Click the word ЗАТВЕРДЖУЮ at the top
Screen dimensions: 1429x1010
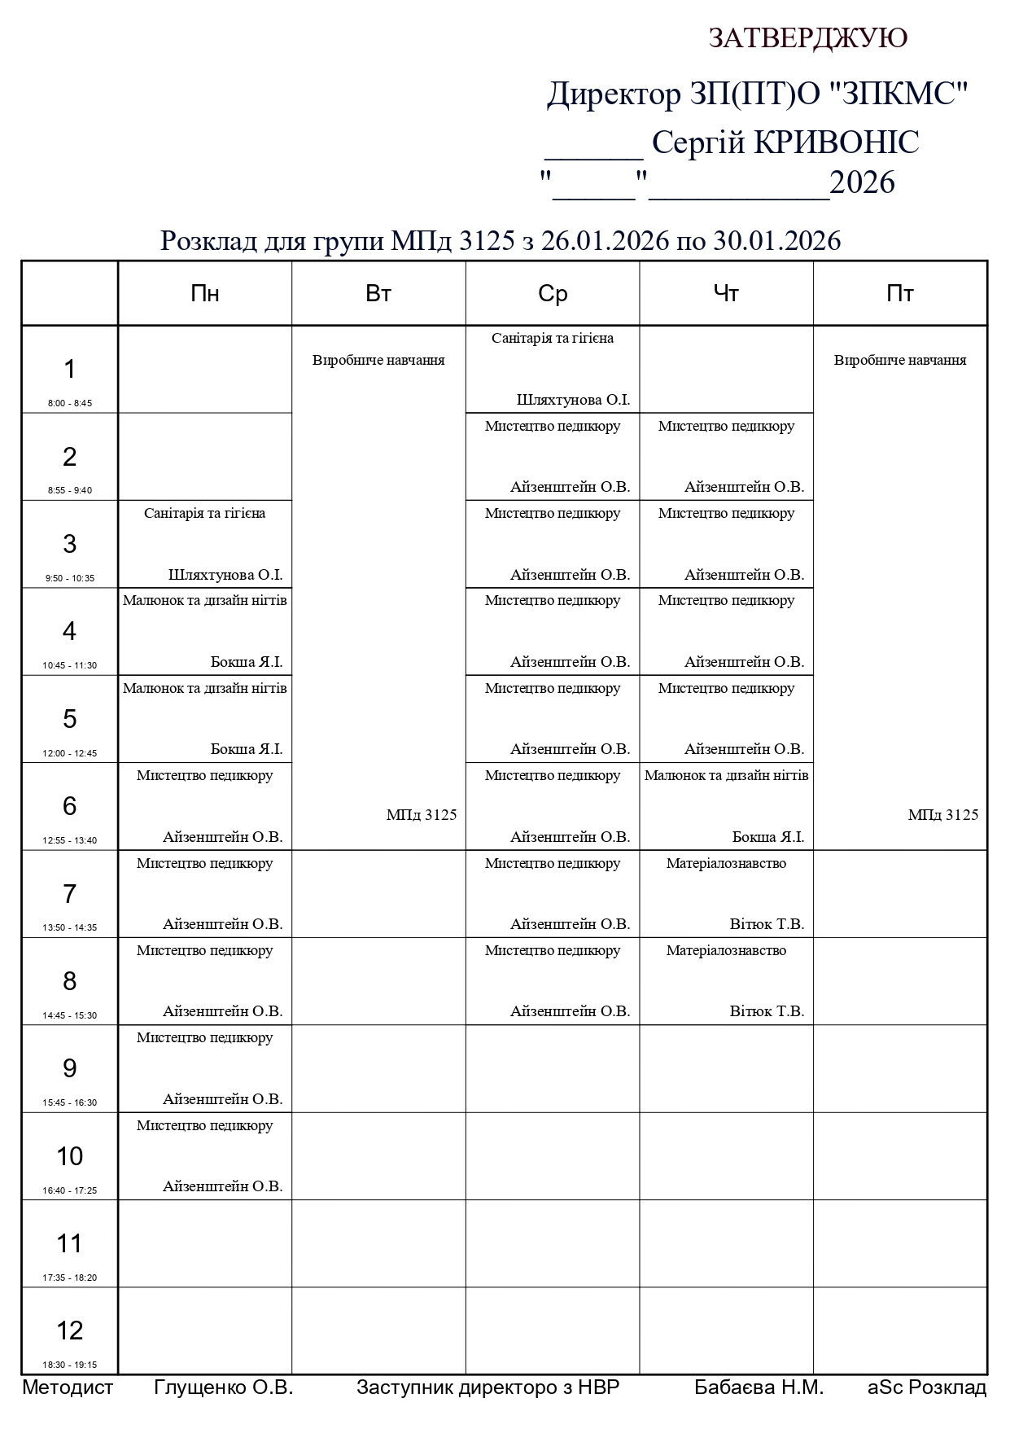(807, 38)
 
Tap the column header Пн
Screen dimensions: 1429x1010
(205, 294)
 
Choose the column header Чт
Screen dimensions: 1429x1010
(726, 294)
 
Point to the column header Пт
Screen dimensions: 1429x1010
(900, 294)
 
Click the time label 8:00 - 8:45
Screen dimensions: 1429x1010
(70, 403)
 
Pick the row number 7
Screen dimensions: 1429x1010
(70, 894)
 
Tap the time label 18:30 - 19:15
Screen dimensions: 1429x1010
(70, 1365)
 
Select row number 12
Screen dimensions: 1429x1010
(70, 1330)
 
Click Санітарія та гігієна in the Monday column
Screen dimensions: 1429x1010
(205, 513)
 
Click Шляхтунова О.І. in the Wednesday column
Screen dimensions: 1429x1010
(573, 400)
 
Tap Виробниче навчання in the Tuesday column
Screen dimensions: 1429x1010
(378, 360)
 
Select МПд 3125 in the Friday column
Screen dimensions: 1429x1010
(942, 815)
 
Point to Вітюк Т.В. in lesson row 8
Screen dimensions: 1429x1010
(767, 1011)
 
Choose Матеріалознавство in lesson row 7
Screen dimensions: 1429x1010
(726, 863)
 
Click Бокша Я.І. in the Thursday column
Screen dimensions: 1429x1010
(767, 837)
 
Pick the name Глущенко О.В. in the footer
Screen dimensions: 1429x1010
(223, 1387)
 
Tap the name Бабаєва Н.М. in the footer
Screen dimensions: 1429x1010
(759, 1387)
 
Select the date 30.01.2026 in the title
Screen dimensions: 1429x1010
(776, 241)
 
